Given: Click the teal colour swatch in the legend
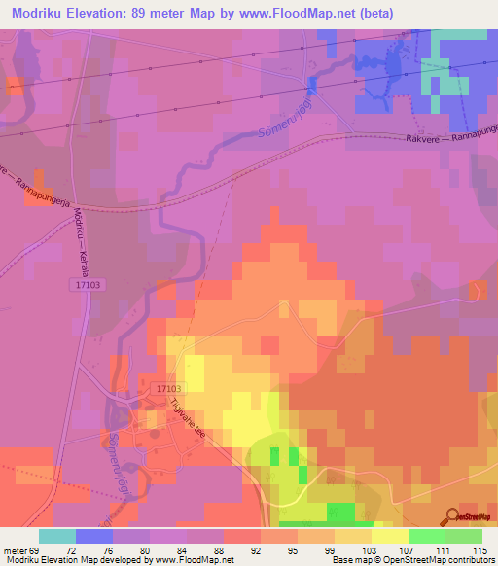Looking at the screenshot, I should tap(57, 536).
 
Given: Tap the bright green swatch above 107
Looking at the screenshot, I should tap(427, 536).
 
